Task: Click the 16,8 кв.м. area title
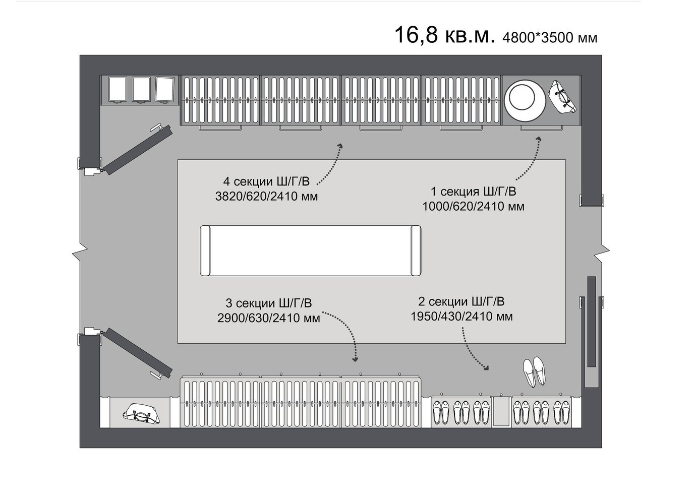click(x=444, y=36)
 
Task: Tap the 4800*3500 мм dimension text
click(x=550, y=38)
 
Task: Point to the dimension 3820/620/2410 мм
click(x=266, y=197)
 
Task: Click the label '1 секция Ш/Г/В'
click(x=473, y=192)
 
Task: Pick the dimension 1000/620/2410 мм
click(x=473, y=206)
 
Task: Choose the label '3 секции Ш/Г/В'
click(x=268, y=303)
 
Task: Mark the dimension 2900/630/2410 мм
click(x=268, y=318)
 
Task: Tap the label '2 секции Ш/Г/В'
click(x=461, y=301)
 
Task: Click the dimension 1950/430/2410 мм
click(x=461, y=317)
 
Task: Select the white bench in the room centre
click(x=311, y=250)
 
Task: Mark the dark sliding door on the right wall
click(x=592, y=321)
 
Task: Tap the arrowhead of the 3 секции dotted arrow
click(x=356, y=360)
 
